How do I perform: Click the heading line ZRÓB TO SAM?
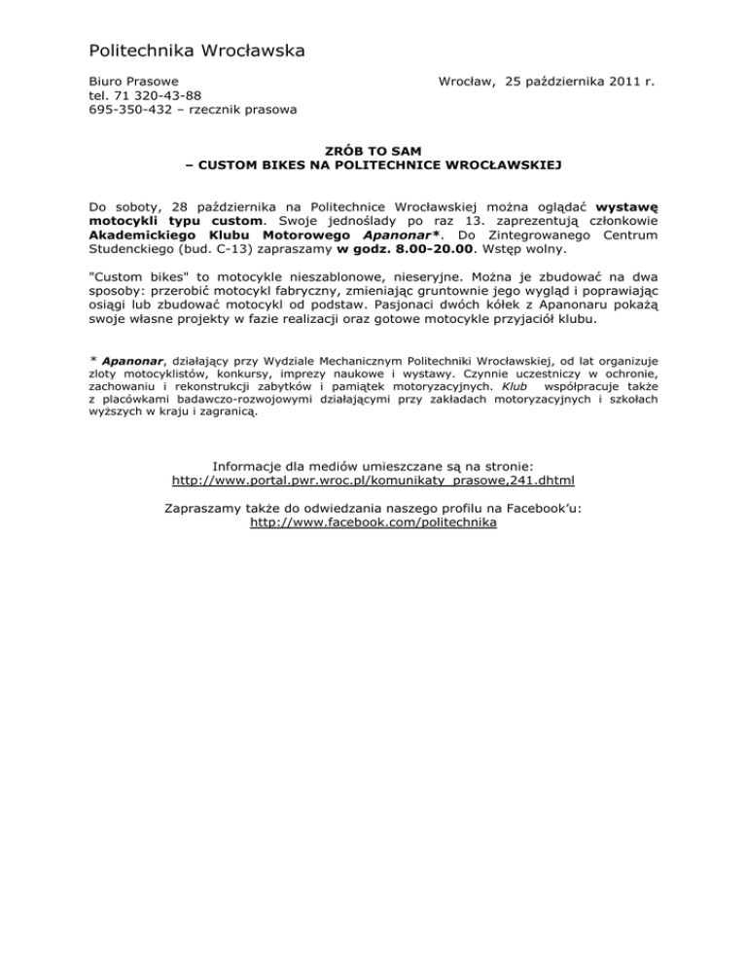point(373,151)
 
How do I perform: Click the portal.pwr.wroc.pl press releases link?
point(373,481)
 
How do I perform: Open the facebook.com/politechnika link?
point(373,522)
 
